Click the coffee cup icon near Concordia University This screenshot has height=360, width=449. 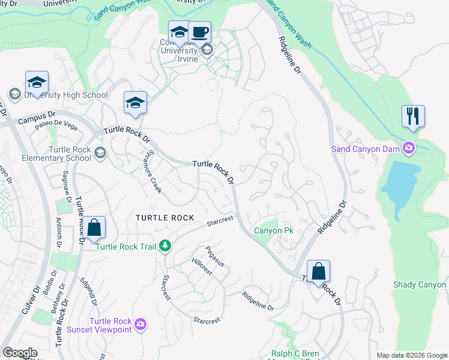point(199,32)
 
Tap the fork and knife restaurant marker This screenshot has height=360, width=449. point(413,116)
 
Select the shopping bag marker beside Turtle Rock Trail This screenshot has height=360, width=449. point(94,228)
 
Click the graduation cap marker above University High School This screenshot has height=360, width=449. point(37,82)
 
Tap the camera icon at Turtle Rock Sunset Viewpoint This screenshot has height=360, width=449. point(140,325)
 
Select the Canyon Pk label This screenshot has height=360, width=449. point(273,230)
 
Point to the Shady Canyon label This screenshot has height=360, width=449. point(420,285)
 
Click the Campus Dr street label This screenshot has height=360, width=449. point(36,116)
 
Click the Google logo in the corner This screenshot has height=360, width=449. point(20,352)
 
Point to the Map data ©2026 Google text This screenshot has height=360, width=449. point(411,355)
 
